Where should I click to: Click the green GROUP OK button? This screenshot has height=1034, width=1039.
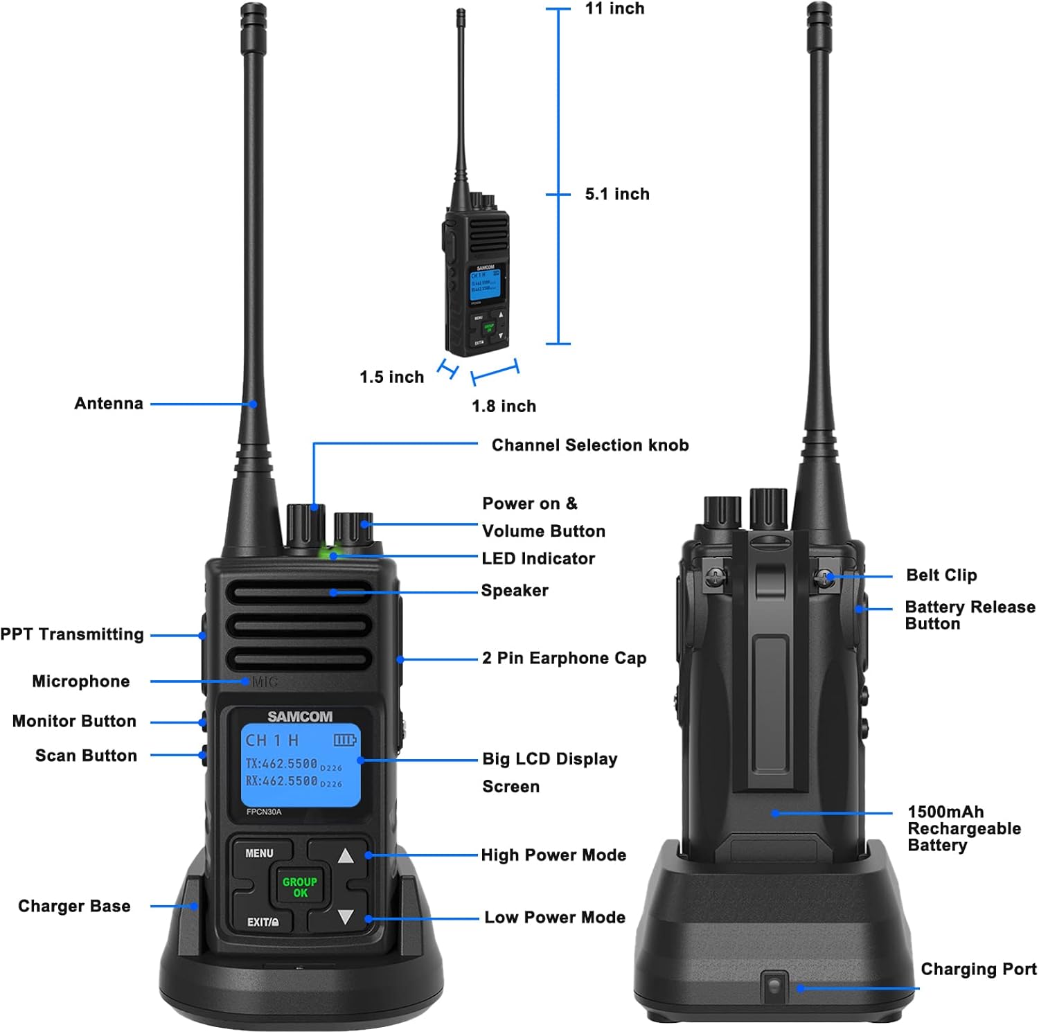[x=299, y=887]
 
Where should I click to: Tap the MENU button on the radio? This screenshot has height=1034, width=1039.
[x=259, y=853]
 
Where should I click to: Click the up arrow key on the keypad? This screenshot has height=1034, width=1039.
[x=345, y=856]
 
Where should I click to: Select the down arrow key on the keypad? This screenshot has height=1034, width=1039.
[x=345, y=918]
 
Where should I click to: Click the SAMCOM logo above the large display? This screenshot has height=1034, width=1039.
[x=300, y=717]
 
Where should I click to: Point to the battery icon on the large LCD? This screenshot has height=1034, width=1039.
[x=344, y=740]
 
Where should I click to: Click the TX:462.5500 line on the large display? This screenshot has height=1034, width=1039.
[x=282, y=763]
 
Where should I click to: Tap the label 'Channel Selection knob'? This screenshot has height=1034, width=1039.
[x=590, y=445]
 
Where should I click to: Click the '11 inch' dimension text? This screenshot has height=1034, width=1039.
[x=614, y=9]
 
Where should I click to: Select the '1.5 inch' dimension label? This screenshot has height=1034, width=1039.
[x=391, y=377]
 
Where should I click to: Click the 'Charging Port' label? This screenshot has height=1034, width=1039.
[x=978, y=969]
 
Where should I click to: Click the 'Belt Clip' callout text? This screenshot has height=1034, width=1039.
[x=941, y=576]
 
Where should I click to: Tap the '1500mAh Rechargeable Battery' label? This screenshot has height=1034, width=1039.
[x=963, y=828]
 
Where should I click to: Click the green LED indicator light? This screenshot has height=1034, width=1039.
[x=326, y=553]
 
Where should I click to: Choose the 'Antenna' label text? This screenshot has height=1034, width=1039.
[x=109, y=404]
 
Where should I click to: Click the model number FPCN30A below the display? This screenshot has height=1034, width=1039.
[x=264, y=812]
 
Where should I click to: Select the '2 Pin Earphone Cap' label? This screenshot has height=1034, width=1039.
[x=564, y=659]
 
